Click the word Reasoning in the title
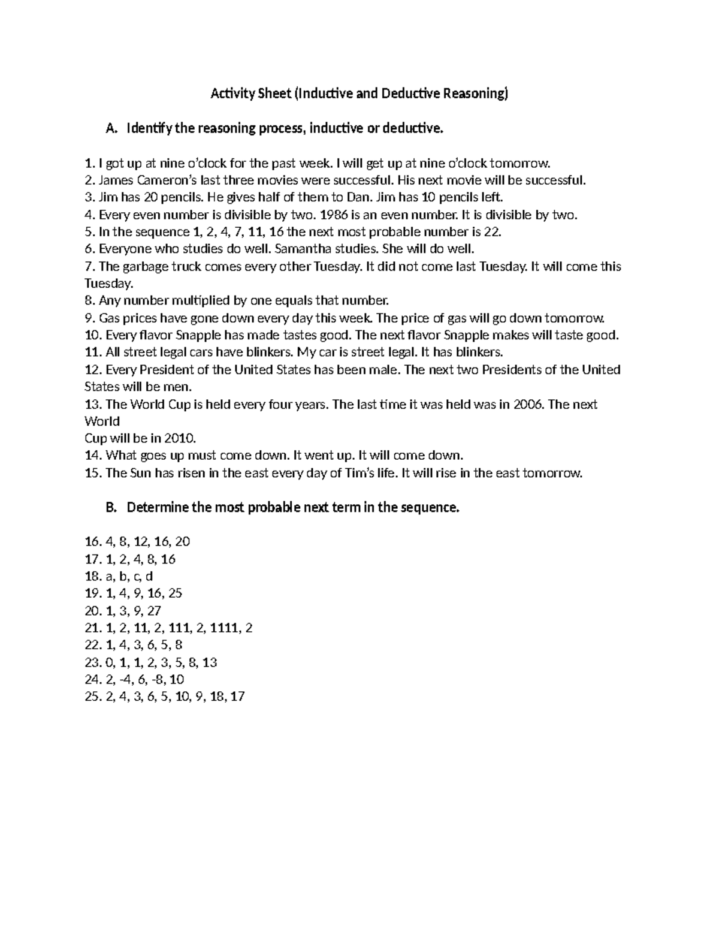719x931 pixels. [473, 94]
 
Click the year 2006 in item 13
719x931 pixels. [528, 404]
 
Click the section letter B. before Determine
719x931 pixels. [110, 508]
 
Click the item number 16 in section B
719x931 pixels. [92, 542]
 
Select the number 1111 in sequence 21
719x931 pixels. [225, 628]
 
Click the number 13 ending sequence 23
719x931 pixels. [210, 662]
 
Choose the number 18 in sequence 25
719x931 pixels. [217, 697]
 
